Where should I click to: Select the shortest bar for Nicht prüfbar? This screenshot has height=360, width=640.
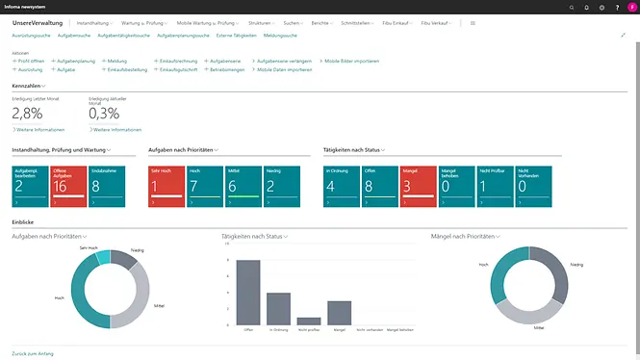309,321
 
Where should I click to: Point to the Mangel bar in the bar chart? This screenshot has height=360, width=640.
339,313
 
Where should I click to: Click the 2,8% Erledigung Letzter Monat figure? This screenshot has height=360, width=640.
27,114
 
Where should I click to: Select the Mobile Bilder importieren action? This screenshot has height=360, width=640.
351,61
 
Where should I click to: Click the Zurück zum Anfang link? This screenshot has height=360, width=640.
33,353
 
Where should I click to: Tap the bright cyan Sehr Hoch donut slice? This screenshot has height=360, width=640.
102,257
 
